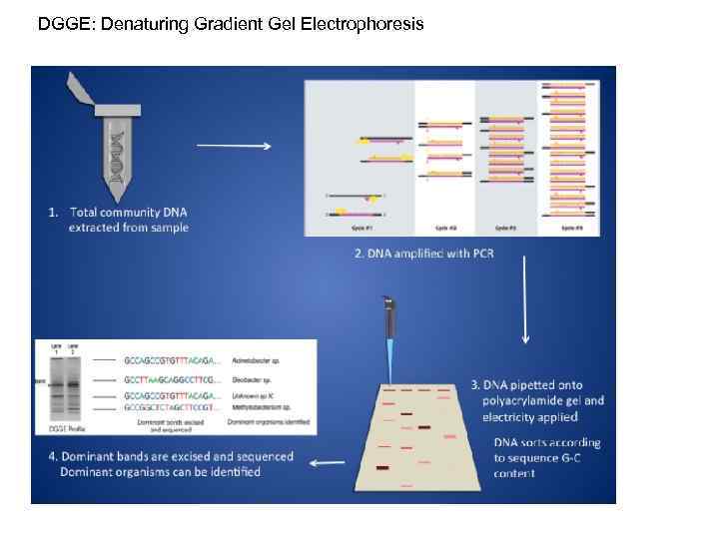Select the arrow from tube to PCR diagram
(234, 146)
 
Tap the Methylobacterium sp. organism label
(256, 408)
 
